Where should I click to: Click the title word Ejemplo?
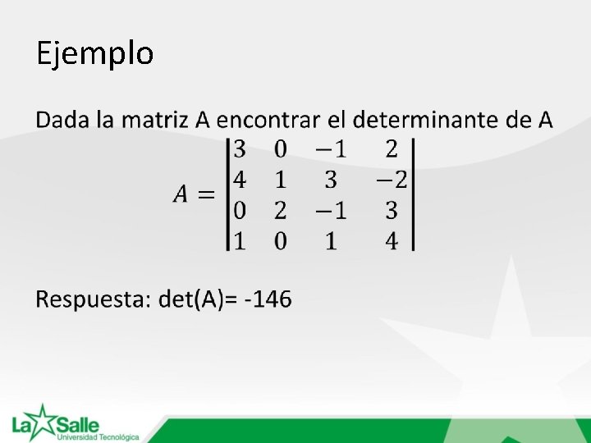click(x=94, y=54)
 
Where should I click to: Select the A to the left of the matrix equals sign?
click(x=181, y=194)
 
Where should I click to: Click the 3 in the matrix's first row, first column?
click(x=240, y=148)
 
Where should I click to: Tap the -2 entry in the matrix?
click(x=391, y=180)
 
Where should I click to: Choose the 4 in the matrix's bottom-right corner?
click(x=392, y=241)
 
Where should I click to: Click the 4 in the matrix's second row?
click(x=240, y=180)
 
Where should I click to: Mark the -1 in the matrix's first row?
click(x=331, y=148)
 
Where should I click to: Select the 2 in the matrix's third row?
click(x=280, y=211)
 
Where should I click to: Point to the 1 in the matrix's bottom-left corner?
click(x=240, y=241)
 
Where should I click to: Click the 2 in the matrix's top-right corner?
click(x=392, y=148)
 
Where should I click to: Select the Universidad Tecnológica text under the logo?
click(x=98, y=437)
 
